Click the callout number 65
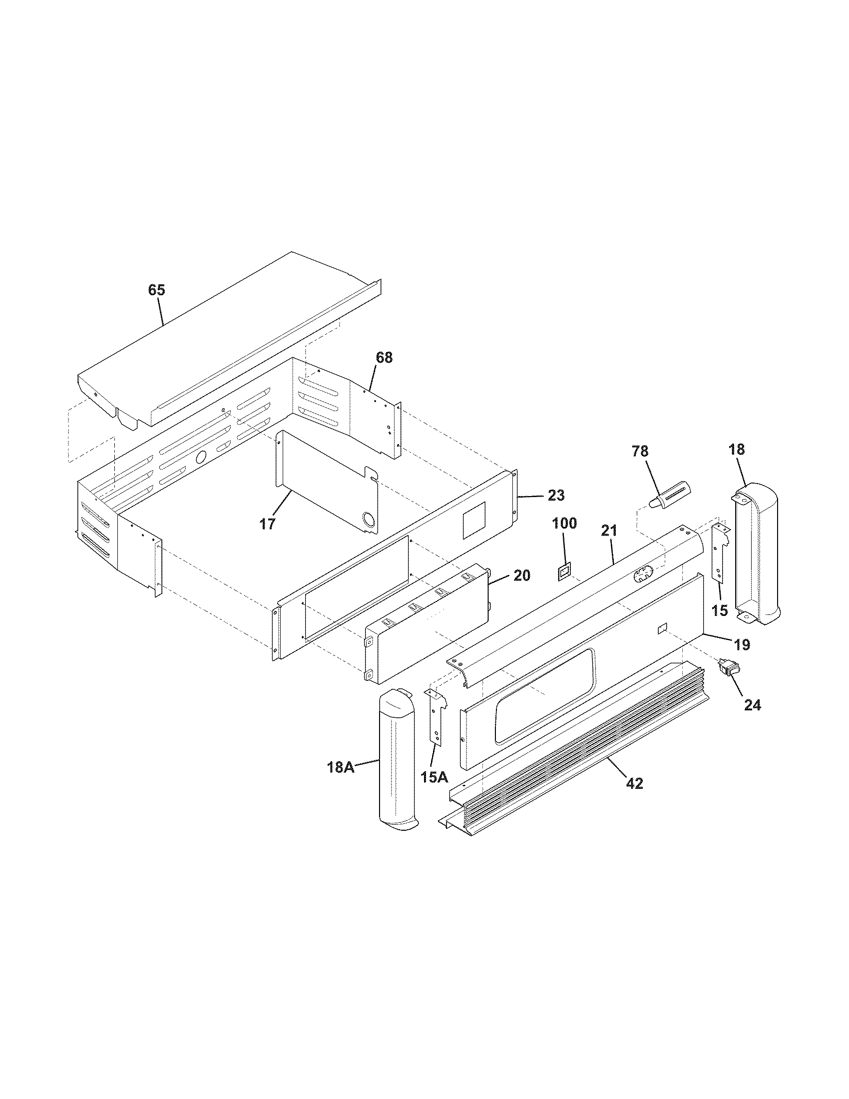[x=156, y=290]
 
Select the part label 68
[x=384, y=358]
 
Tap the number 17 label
[x=268, y=524]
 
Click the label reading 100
[x=564, y=524]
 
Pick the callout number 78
[x=640, y=452]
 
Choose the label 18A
[x=341, y=781]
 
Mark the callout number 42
[x=635, y=783]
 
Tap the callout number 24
[x=753, y=705]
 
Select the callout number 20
[x=521, y=575]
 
